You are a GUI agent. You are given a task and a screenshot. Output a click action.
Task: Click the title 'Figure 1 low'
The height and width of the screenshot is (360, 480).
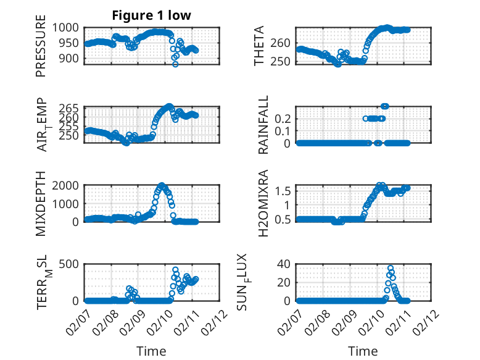[152, 15]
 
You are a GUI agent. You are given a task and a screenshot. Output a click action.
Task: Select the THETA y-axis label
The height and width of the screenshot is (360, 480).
[259, 46]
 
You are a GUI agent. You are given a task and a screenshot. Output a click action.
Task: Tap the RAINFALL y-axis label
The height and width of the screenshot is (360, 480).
[263, 125]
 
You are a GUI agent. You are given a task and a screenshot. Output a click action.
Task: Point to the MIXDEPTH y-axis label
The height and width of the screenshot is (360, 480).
[41, 203]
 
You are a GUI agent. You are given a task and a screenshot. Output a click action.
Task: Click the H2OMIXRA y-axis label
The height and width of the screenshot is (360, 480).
[263, 203]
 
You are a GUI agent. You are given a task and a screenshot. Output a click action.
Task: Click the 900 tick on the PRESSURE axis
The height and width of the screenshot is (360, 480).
[70, 58]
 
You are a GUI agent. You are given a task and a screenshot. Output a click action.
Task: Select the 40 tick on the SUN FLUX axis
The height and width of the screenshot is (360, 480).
[286, 264]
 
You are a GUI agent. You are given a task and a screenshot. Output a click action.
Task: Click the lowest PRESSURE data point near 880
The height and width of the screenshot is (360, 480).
[175, 64]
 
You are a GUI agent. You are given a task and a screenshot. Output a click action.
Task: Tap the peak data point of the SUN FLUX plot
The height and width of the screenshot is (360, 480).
[391, 269]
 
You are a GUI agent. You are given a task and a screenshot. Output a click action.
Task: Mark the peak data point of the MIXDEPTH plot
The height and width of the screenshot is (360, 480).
[162, 185]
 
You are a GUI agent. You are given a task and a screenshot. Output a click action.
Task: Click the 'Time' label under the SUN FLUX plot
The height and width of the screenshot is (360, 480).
[363, 351]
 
